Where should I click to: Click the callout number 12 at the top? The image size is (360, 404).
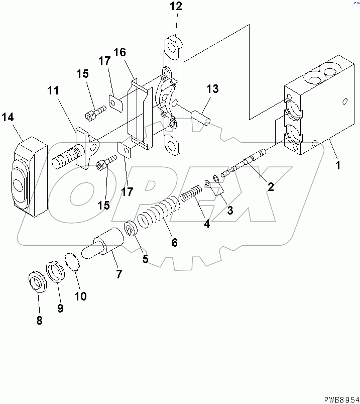pyautogui.click(x=176, y=7)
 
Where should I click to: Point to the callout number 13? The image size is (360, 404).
pyautogui.click(x=212, y=89)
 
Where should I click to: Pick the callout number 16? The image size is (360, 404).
pyautogui.click(x=119, y=52)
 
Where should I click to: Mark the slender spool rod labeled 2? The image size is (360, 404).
pyautogui.click(x=246, y=163)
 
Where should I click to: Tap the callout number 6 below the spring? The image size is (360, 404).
pyautogui.click(x=174, y=242)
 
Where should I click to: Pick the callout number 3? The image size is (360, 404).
pyautogui.click(x=230, y=211)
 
